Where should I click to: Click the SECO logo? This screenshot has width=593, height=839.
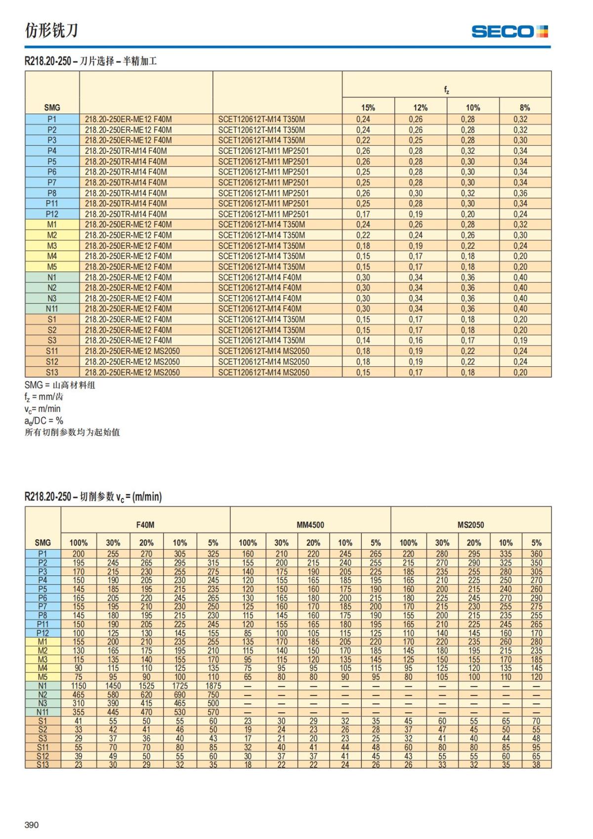(x=509, y=32)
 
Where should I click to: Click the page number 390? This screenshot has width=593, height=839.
(x=32, y=825)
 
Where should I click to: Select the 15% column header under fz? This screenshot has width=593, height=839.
(x=368, y=108)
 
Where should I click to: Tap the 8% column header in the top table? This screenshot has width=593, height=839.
(x=525, y=108)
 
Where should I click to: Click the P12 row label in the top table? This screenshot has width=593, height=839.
(x=52, y=214)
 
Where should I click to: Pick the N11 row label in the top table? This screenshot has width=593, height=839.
(x=52, y=309)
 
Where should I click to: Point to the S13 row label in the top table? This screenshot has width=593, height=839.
(x=52, y=372)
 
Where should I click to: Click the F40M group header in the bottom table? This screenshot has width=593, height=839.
(x=145, y=525)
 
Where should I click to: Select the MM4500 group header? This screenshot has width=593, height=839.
(x=310, y=525)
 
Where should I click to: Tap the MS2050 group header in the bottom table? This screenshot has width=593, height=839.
(x=470, y=525)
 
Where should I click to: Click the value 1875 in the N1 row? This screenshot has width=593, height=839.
(x=213, y=686)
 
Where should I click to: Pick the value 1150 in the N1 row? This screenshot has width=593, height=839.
(x=79, y=686)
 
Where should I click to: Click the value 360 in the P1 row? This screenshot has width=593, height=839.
(x=536, y=554)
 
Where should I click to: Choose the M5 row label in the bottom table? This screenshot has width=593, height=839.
(x=43, y=677)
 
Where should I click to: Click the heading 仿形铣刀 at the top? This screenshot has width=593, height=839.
(x=51, y=31)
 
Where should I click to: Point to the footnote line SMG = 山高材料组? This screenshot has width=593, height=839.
(x=60, y=385)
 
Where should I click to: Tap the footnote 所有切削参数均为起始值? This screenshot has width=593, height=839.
(x=72, y=433)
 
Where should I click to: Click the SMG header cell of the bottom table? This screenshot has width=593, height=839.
(x=43, y=543)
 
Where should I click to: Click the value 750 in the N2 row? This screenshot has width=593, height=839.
(x=213, y=695)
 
